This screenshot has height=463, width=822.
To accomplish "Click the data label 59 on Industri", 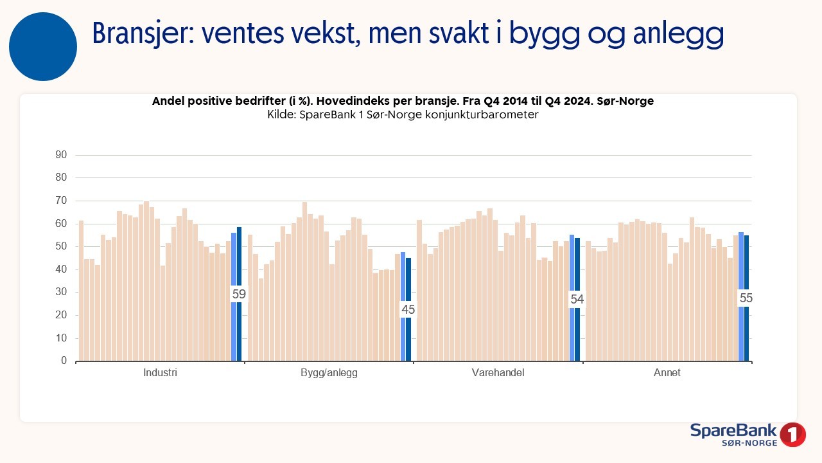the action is tap(239, 294).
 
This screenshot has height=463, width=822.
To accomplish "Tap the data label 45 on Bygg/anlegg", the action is tap(408, 309).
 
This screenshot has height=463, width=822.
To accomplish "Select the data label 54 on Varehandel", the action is tap(577, 299).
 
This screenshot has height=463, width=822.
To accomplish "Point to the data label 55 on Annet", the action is tap(746, 298).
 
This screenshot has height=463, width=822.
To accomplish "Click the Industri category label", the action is tap(160, 372).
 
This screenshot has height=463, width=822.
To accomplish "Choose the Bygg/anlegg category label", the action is tap(329, 373).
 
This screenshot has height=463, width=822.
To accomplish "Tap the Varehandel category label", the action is tap(498, 372).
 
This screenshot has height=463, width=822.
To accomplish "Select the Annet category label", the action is tap(667, 372).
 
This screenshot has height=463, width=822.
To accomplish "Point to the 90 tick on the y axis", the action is tap(61, 155).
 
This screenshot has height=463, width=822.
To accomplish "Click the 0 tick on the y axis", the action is tap(64, 361).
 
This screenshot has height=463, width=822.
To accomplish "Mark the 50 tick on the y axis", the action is tap(61, 246).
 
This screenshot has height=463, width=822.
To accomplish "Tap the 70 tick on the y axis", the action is tap(61, 200).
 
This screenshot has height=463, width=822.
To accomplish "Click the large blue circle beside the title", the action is tap(43, 47).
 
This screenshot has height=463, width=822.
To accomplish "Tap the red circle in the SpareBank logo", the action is tap(792, 435).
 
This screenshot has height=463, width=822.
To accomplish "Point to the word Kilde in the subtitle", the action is tap(282, 114).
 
